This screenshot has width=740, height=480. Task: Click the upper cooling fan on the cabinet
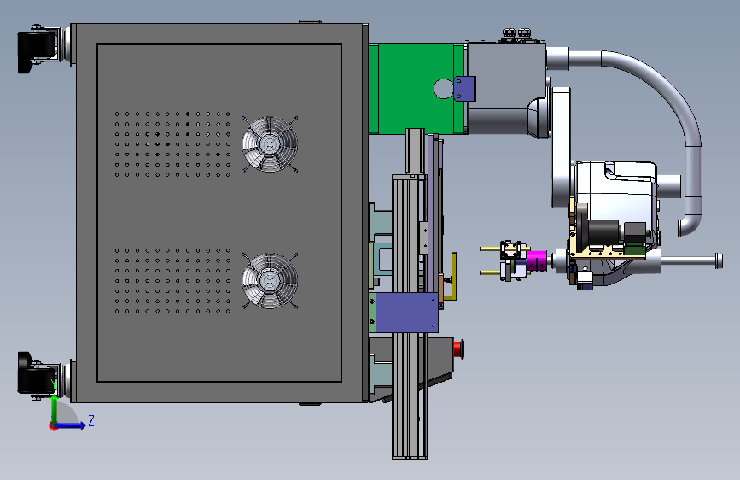270,144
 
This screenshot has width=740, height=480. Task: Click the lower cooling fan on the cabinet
270,281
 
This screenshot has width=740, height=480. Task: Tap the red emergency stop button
458,348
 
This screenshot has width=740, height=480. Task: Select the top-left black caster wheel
37,50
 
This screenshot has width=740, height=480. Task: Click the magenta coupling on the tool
537,260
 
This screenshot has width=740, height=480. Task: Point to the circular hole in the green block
443,88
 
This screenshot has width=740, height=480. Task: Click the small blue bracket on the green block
464,88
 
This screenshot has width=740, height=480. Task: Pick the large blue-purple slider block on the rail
407,313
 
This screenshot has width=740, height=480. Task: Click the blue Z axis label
91,420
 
